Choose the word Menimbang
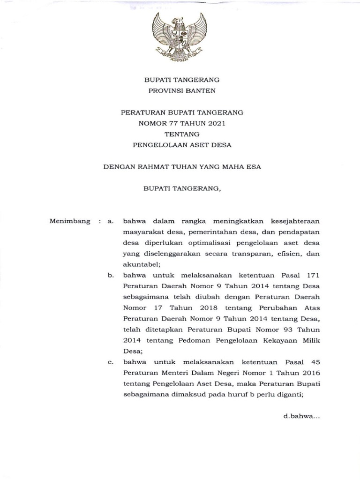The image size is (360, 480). [69, 221]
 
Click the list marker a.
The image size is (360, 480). [111, 221]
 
